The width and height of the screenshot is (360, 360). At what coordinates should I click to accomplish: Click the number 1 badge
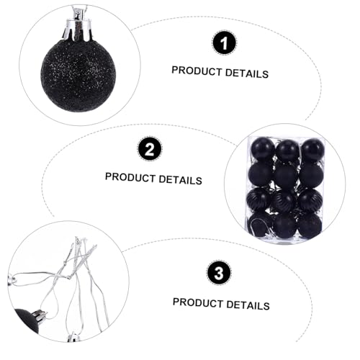click(x=224, y=43)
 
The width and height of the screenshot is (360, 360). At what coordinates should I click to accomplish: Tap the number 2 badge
click(x=149, y=149)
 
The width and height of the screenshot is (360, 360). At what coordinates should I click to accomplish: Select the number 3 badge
click(x=219, y=273)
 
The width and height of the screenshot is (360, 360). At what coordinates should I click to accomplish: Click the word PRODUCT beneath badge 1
click(x=197, y=71)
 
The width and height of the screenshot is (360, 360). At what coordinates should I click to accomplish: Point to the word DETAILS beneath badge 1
click(x=247, y=73)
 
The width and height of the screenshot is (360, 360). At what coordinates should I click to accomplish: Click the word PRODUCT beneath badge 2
click(x=130, y=177)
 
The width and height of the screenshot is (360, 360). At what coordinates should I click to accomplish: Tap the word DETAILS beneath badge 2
click(x=181, y=180)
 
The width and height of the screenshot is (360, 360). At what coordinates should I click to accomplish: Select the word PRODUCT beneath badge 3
click(x=198, y=302)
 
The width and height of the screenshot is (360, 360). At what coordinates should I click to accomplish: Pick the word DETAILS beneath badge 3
click(x=248, y=305)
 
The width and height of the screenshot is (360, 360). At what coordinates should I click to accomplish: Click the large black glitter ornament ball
click(x=78, y=76)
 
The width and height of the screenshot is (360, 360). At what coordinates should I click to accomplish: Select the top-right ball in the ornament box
click(x=312, y=149)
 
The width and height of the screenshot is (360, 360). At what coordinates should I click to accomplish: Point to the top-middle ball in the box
click(x=287, y=150)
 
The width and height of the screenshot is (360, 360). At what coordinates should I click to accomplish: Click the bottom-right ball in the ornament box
click(x=310, y=225)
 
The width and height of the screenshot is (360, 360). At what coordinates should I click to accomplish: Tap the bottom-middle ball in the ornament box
click(x=285, y=225)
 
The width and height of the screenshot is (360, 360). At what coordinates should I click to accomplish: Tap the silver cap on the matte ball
click(x=40, y=315)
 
